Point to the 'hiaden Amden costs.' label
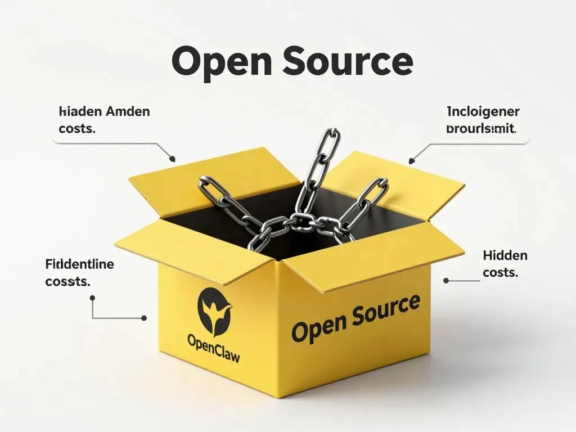pos(104,119)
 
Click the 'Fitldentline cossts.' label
pos(79,272)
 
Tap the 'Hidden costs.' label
pos(505,264)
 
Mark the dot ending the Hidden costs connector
pos(445,280)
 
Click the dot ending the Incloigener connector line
pos(411,161)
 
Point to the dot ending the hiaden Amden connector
pos(173,159)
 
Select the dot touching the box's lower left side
pos(144,318)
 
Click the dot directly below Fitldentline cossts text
pos(92,298)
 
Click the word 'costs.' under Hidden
pos(500,272)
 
